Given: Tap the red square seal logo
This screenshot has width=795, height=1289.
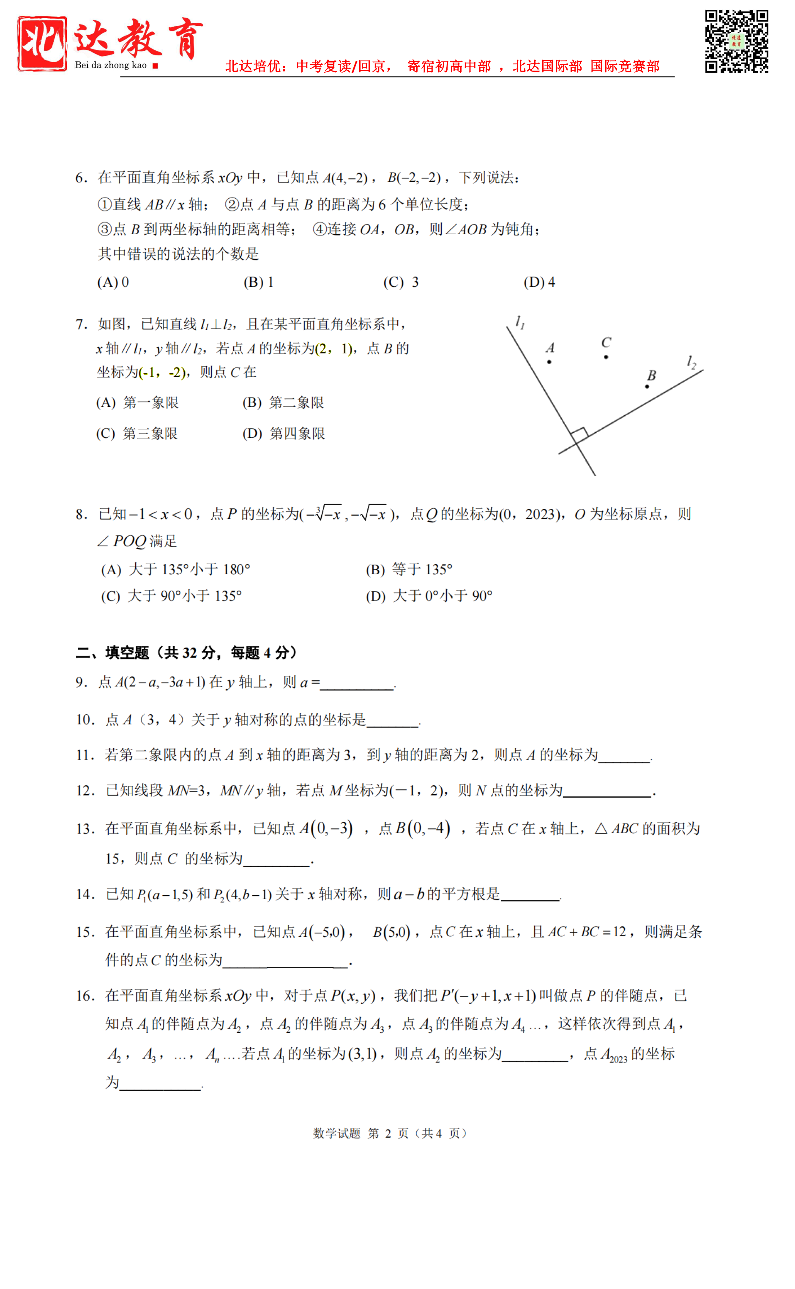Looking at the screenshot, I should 42,43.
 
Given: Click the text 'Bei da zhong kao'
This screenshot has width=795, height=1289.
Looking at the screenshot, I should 110,65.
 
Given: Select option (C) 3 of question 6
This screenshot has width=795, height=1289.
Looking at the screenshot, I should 401,282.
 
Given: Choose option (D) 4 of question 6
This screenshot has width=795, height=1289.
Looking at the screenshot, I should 539,282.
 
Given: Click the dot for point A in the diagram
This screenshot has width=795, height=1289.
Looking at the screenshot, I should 549,362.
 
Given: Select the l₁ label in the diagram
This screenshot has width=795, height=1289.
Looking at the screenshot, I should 520,321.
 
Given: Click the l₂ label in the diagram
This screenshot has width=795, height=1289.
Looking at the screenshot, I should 691,362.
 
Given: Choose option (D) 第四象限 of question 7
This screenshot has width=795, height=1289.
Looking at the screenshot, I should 284,434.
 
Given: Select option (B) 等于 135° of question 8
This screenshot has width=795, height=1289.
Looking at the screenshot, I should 409,570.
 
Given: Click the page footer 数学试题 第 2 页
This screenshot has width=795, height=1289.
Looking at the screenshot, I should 389,1133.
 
